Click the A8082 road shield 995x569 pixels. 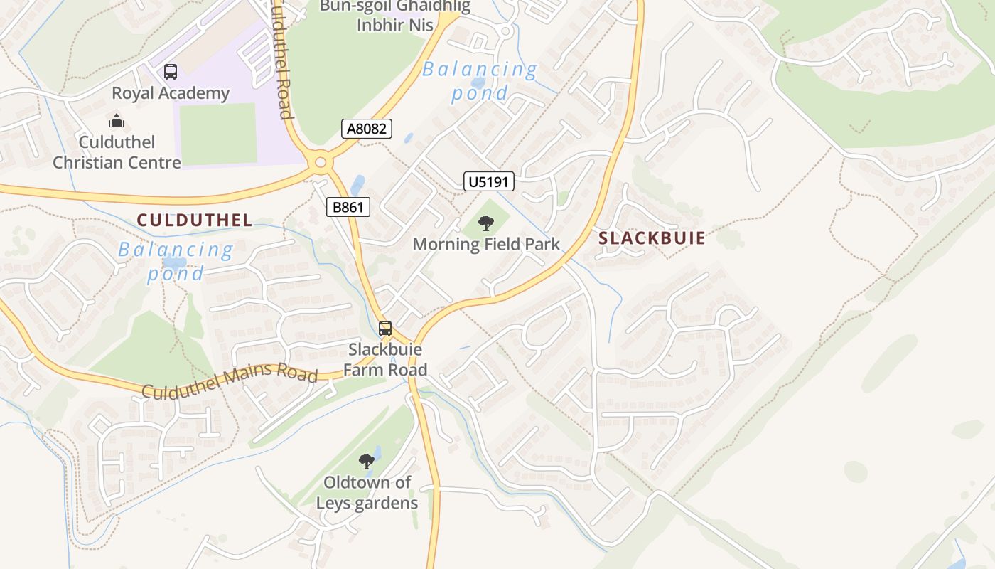coord(367,129)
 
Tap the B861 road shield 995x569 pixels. coord(348,208)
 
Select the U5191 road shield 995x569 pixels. coord(489,182)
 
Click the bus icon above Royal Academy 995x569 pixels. coord(171,72)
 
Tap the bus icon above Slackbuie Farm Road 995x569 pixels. coord(385,329)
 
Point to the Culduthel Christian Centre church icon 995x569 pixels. coord(117,122)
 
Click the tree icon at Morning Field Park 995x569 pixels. coord(486,224)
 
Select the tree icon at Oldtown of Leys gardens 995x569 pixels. coord(367,462)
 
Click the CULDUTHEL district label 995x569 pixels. coord(195,220)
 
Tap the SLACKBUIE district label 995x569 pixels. coord(652,238)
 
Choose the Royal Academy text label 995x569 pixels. coord(171,93)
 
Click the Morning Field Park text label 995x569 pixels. coord(486,245)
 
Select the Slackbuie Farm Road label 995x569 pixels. coord(385,360)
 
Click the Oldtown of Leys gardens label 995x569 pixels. coord(367,493)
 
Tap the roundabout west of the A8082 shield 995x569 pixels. coord(321,163)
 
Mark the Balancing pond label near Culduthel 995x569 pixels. coord(176,261)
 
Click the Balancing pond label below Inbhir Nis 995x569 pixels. coord(480,80)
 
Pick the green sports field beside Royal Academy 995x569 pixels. coord(217,134)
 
